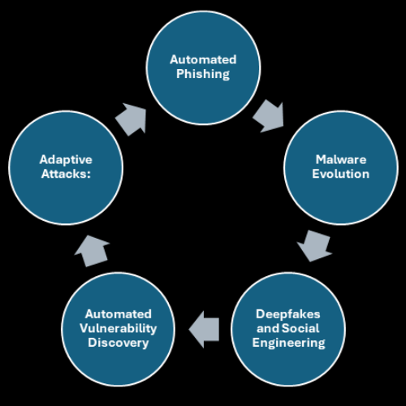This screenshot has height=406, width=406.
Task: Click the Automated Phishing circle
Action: (202, 67)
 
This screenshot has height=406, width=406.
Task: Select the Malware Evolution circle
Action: (340, 167)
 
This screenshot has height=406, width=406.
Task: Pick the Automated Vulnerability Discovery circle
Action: (119, 328)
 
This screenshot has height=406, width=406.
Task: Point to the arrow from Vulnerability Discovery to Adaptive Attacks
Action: (93, 250)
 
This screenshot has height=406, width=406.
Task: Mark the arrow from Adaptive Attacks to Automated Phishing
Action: (131, 119)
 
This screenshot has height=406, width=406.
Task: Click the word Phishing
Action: (202, 74)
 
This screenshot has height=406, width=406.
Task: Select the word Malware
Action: (342, 160)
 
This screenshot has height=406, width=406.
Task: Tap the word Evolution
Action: (342, 174)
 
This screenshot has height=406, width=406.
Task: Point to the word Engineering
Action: (290, 343)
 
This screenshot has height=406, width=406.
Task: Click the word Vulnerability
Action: (119, 328)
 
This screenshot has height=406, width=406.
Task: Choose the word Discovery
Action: (119, 343)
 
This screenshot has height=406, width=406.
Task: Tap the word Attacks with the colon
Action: (65, 174)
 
